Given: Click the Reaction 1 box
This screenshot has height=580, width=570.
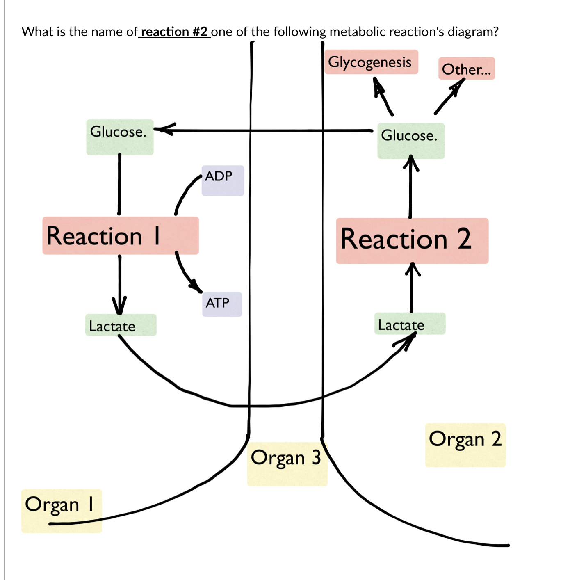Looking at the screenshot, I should (x=120, y=236).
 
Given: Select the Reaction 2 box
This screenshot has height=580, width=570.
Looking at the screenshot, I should (x=412, y=240).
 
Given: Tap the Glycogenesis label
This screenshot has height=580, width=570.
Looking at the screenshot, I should (x=371, y=62).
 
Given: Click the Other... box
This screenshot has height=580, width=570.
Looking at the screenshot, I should (x=466, y=69).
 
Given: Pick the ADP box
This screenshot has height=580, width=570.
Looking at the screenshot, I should (x=222, y=180).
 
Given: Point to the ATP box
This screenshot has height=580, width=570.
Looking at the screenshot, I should (x=222, y=304).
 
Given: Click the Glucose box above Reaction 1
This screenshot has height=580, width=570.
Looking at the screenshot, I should (x=119, y=137).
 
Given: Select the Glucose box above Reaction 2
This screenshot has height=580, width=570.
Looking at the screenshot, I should (x=410, y=140).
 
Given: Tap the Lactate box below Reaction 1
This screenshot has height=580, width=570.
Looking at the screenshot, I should (x=121, y=325).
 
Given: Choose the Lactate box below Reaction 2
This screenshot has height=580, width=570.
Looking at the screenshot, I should (x=409, y=324).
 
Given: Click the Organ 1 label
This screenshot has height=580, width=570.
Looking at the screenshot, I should (x=61, y=510).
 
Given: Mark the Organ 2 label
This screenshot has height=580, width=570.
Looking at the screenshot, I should (x=465, y=445).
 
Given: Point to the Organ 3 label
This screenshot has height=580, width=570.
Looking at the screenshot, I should (x=287, y=464).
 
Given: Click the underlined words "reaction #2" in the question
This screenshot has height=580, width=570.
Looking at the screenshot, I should (x=174, y=32).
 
